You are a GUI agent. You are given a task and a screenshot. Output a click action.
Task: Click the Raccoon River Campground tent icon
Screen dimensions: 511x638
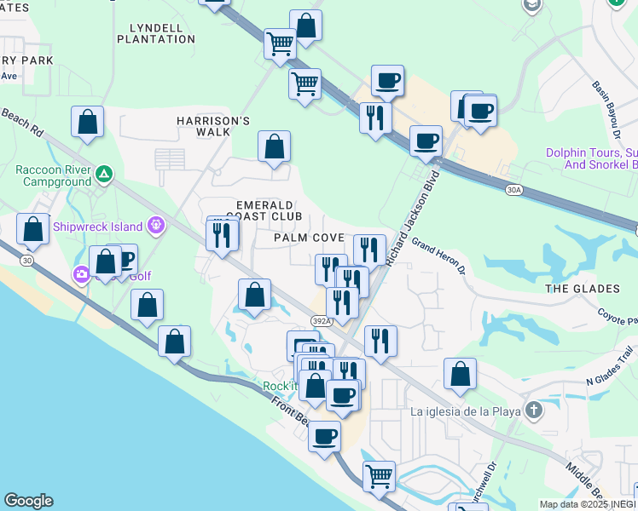click(x=103, y=175)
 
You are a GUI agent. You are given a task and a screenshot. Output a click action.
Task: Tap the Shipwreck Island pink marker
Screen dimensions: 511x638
click(x=156, y=226)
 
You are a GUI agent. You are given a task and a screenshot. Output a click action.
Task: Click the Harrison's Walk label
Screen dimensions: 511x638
click(x=212, y=126)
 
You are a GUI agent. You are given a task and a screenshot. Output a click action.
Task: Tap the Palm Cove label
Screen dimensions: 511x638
click(x=309, y=238)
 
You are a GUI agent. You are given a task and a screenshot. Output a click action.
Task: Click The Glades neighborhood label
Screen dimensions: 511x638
click(x=583, y=289)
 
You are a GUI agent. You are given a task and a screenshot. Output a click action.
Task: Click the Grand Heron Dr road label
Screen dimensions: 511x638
click(x=438, y=255)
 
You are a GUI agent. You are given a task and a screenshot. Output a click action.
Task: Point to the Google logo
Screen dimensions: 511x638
click(x=28, y=501)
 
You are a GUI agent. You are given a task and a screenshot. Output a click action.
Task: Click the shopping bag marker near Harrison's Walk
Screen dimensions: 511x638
click(x=274, y=147)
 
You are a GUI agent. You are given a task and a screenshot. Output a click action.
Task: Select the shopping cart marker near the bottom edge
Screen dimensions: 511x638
click(x=379, y=476)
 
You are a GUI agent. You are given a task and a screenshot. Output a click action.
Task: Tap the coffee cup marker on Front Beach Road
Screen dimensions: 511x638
click(x=324, y=436)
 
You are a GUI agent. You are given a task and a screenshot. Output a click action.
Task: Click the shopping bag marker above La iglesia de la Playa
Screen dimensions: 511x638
click(x=460, y=373)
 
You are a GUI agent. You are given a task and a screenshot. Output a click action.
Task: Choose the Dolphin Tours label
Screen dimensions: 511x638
click(x=591, y=158)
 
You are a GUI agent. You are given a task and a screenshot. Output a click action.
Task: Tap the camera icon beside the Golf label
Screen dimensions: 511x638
click(x=82, y=274)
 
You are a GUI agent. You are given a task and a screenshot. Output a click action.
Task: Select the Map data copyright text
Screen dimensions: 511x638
click(x=588, y=504)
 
